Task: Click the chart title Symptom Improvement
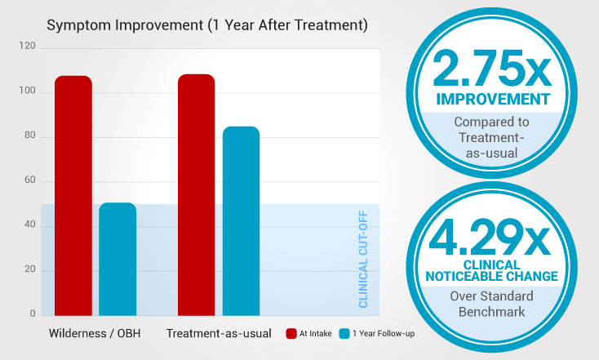tap(207, 25)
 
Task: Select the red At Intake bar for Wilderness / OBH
tap(73, 195)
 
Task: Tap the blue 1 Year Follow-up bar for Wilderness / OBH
tap(118, 259)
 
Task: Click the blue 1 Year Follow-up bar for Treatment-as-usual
tap(241, 220)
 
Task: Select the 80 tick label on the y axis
tap(29, 136)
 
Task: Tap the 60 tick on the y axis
tap(29, 181)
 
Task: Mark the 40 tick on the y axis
tap(29, 225)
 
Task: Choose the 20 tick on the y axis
tap(29, 270)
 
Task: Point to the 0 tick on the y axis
tap(33, 314)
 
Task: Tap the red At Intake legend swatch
tap(291, 334)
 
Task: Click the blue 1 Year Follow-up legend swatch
tap(344, 334)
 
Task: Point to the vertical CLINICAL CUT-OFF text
tap(364, 260)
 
